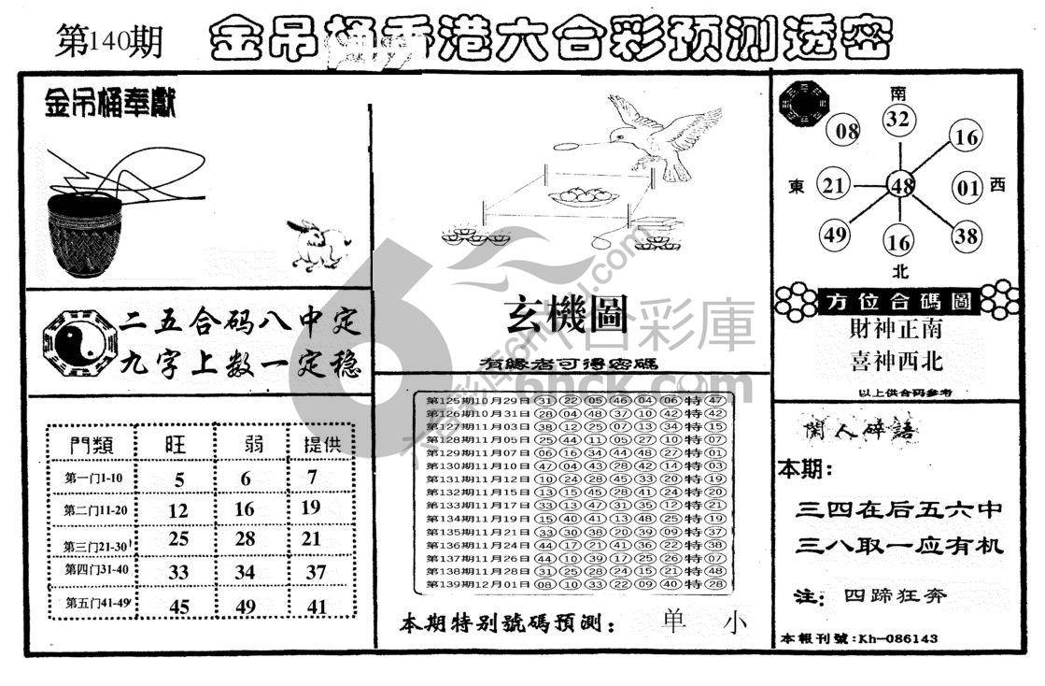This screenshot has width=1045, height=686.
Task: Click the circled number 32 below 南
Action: pyautogui.click(x=898, y=120)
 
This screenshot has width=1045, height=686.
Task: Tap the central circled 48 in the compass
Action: pyautogui.click(x=900, y=186)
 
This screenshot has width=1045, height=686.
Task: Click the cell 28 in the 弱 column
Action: pyautogui.click(x=244, y=539)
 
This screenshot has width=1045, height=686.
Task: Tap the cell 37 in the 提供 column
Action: pyautogui.click(x=318, y=571)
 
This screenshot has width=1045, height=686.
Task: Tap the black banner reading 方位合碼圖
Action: pyautogui.click(x=897, y=301)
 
